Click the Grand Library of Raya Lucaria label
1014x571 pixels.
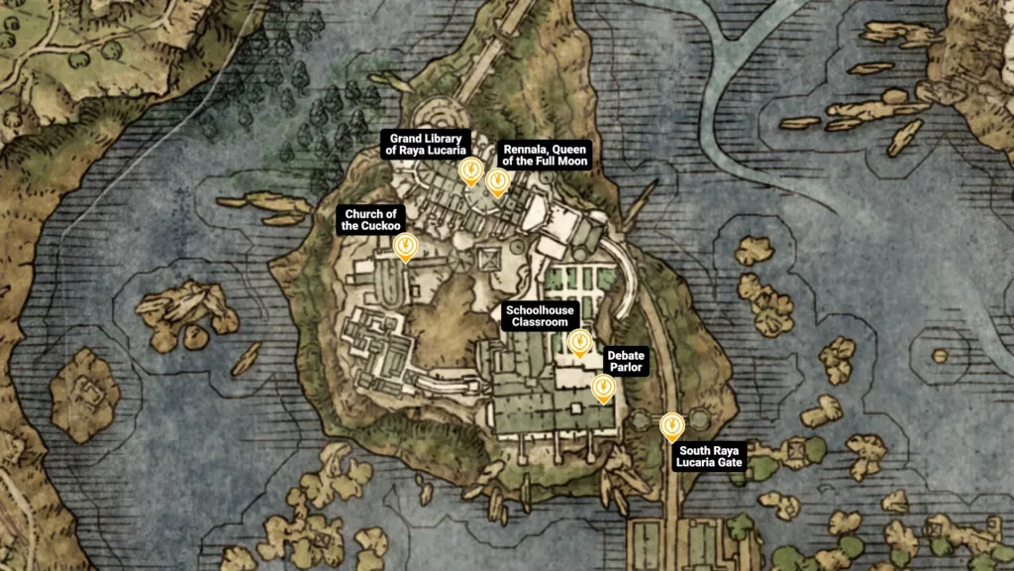click(426, 144)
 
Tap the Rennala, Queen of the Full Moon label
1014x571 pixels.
click(546, 154)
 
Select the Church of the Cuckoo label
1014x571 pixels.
click(371, 219)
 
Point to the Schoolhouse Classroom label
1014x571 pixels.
click(540, 315)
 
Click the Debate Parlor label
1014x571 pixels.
click(625, 361)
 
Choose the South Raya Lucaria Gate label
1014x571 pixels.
click(711, 456)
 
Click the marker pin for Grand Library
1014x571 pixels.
click(472, 171)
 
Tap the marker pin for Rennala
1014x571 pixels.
click(498, 181)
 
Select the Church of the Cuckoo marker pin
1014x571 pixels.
click(404, 245)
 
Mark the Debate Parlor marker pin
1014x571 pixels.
click(602, 388)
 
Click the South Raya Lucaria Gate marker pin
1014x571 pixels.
click(671, 426)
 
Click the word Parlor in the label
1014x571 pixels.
click(625, 368)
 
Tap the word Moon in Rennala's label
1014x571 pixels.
click(571, 161)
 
